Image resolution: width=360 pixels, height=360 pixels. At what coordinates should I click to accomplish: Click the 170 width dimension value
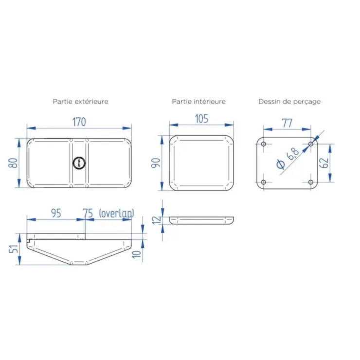(79, 122)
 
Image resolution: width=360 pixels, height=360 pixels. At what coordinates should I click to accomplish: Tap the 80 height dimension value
(13, 163)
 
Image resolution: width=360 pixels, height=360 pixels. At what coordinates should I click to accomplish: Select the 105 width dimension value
(201, 119)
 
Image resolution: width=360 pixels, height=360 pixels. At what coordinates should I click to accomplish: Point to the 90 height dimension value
(156, 163)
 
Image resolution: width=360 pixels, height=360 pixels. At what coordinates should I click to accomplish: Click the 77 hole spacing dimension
(287, 123)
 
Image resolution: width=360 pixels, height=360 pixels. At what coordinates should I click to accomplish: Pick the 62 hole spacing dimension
(324, 163)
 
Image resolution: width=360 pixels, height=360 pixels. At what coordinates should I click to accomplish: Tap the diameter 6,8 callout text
(288, 159)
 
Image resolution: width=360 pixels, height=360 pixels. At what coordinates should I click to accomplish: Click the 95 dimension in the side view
(56, 213)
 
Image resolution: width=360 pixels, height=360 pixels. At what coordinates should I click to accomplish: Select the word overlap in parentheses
(117, 214)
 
